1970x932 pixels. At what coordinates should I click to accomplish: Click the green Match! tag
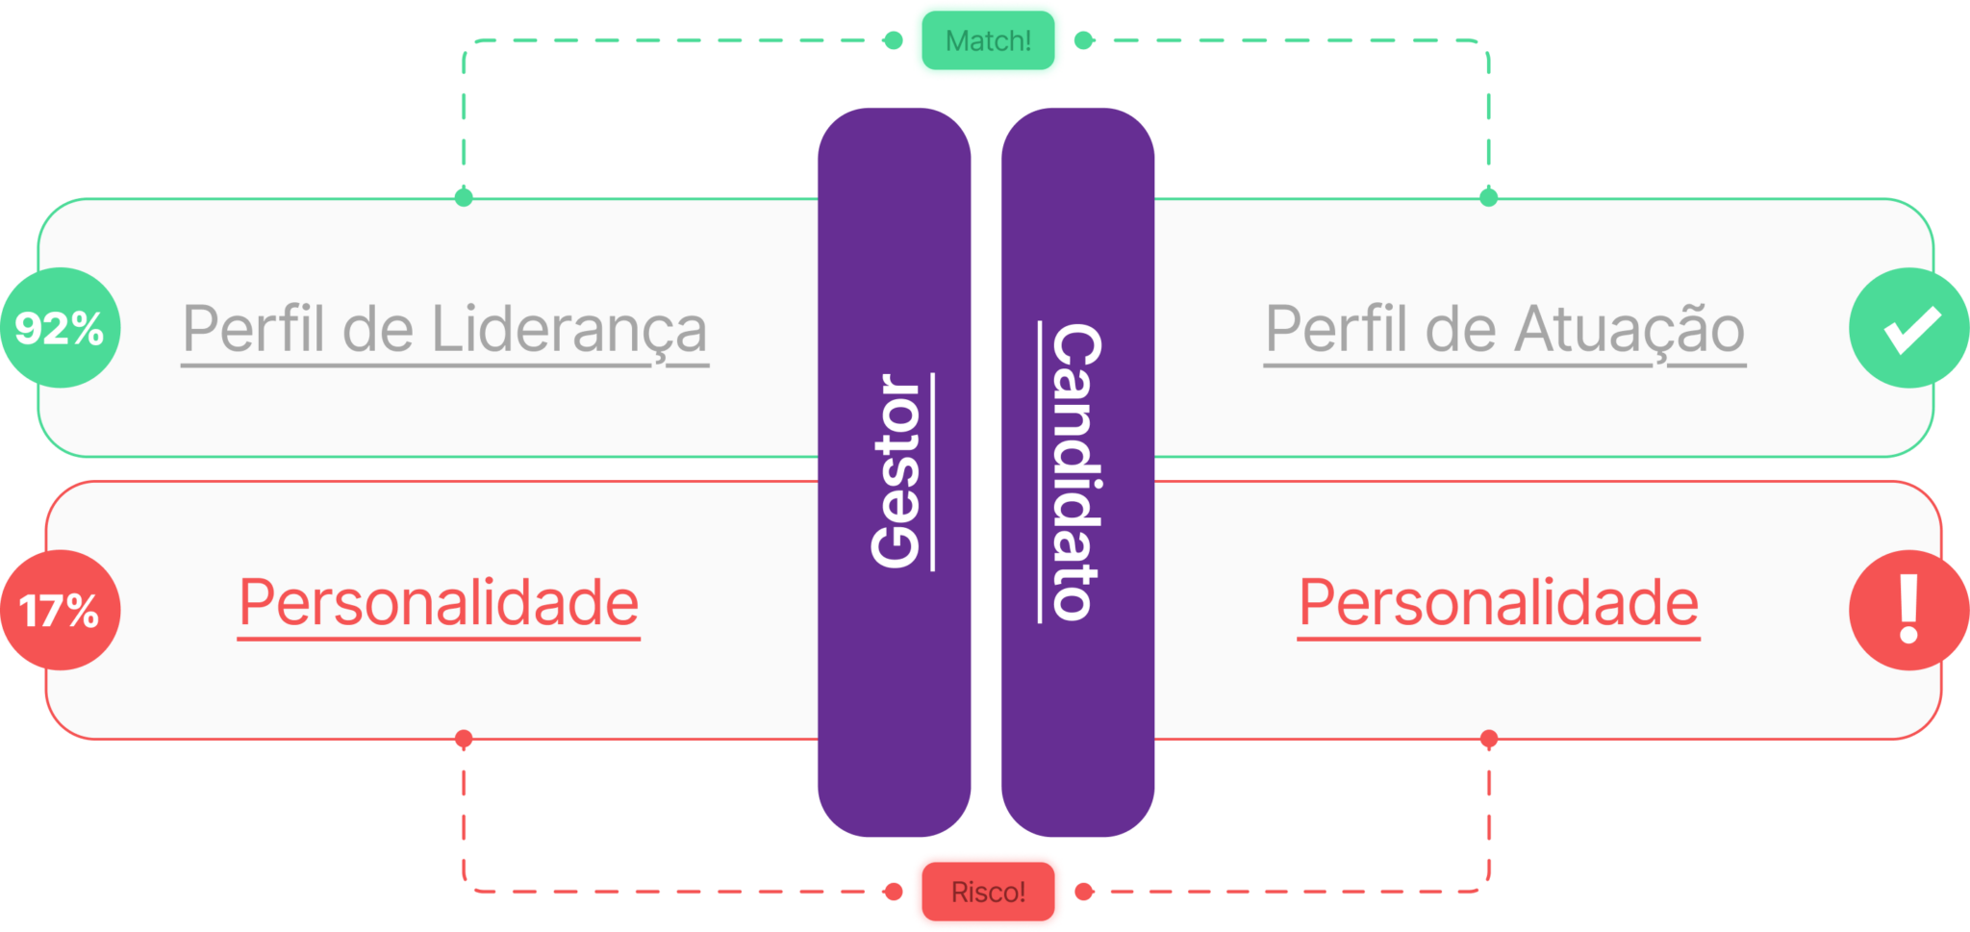pos(988,40)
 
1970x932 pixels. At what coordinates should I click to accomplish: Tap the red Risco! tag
pos(988,892)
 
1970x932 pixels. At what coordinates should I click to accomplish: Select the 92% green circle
pos(60,328)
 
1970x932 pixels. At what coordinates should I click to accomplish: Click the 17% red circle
pos(60,610)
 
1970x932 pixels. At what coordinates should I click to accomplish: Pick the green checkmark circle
pos(1909,328)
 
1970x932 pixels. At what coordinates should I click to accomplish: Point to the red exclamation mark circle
pos(1909,610)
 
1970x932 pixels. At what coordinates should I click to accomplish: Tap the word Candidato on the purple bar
pos(1075,471)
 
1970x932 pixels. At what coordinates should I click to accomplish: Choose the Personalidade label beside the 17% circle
pos(439,603)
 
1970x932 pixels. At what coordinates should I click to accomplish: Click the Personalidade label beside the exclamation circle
pos(1499,603)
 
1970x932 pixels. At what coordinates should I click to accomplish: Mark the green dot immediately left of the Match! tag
pos(893,40)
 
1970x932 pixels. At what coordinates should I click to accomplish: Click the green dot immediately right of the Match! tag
pos(1084,40)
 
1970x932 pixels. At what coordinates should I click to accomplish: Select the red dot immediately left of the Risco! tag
pos(893,892)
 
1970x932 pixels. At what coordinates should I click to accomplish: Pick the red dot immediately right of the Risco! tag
pos(1084,892)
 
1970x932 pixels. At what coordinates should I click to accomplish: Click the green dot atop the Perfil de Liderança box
pos(464,197)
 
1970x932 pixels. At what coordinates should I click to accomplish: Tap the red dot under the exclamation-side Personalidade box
pos(1489,740)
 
